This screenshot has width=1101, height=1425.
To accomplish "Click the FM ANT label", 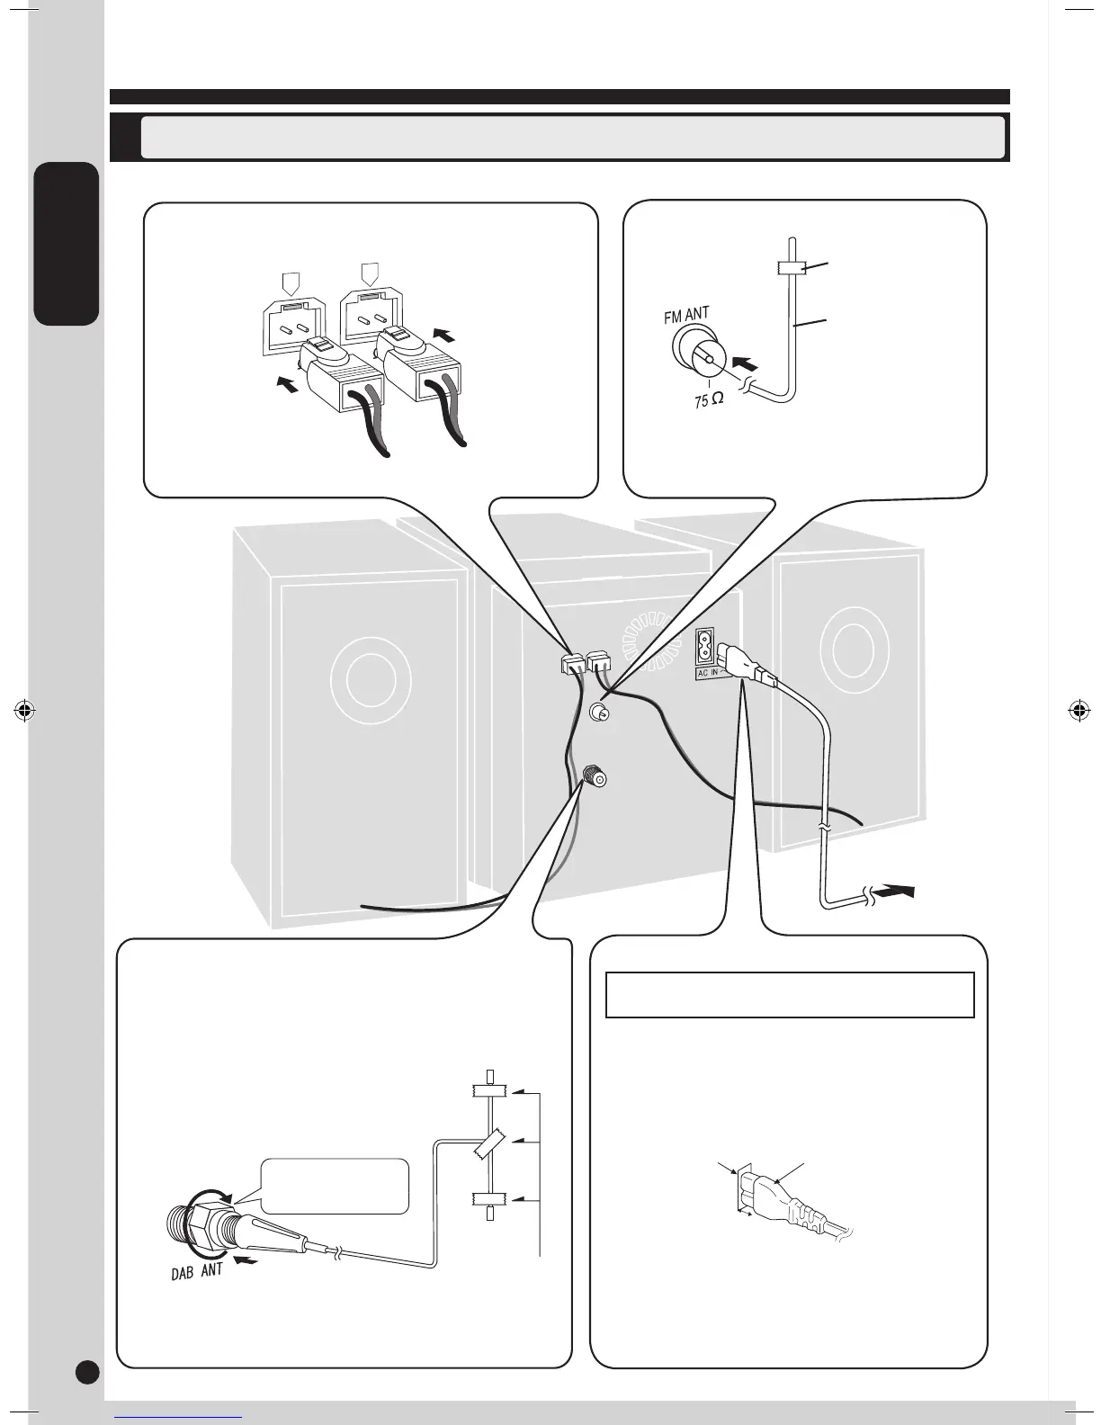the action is [687, 315].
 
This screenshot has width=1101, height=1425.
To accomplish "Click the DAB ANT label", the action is [197, 1274].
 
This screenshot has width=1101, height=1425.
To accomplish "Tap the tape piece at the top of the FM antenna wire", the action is [789, 268].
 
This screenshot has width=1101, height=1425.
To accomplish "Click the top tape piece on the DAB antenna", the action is [489, 1092].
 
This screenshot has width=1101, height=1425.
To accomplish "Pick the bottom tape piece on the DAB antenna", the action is [489, 1198].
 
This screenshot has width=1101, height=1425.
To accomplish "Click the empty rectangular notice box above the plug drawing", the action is [790, 994].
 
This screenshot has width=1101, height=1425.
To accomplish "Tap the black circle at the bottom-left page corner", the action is [86, 1370].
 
